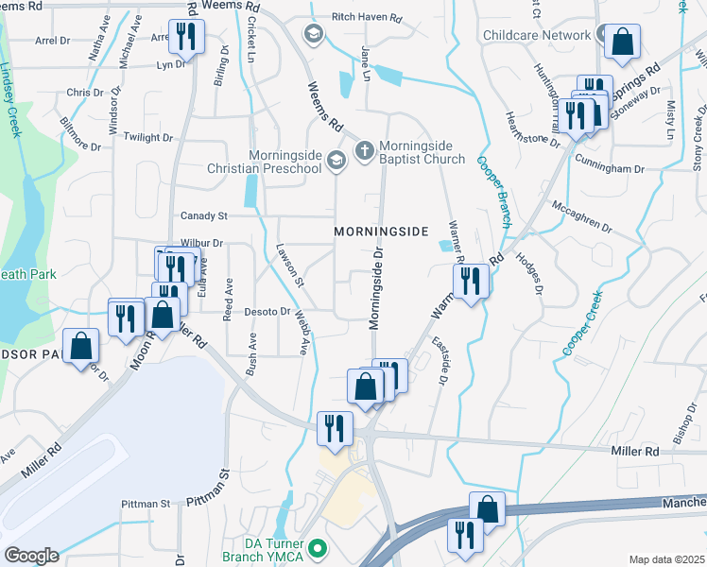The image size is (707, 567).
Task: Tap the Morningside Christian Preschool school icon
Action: pyautogui.click(x=335, y=163)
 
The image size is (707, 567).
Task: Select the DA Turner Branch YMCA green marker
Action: pyautogui.click(x=319, y=547)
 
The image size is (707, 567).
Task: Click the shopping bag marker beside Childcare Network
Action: pyautogui.click(x=622, y=41)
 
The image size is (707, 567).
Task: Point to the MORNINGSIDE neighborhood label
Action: pyautogui.click(x=382, y=232)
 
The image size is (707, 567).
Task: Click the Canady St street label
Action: pyautogui.click(x=204, y=216)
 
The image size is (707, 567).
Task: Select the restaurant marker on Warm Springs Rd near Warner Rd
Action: pyautogui.click(x=470, y=280)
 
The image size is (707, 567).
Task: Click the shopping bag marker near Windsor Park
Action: pyautogui.click(x=81, y=345)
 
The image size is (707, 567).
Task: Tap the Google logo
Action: pyautogui.click(x=31, y=556)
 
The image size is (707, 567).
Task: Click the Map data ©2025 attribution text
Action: pyautogui.click(x=666, y=559)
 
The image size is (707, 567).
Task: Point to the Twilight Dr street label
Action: pyautogui.click(x=147, y=137)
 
